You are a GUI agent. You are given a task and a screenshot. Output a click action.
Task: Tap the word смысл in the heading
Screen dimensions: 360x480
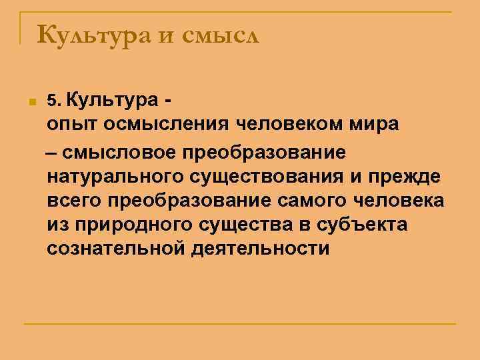pos(219,34)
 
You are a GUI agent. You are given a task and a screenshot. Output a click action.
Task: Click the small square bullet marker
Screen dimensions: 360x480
pos(31,103)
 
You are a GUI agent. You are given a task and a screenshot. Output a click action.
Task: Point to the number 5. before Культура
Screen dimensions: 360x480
pos(53,101)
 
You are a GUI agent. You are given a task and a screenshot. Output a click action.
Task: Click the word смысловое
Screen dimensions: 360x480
pos(123,152)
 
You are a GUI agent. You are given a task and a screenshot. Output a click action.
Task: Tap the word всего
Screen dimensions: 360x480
pos(75,201)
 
